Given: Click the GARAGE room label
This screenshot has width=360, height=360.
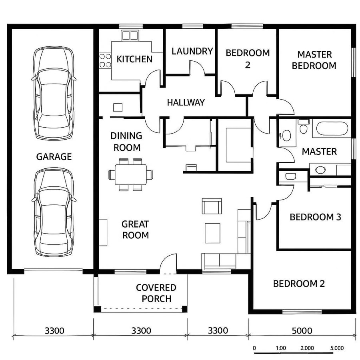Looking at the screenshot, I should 54,157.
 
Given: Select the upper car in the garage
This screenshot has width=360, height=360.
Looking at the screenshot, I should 54,93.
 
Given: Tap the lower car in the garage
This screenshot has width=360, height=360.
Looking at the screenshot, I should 54,212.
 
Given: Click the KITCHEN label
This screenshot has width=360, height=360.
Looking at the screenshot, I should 134,59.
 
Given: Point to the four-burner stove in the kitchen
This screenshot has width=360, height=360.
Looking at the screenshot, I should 105,60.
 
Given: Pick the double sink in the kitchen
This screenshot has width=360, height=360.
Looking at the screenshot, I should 130,36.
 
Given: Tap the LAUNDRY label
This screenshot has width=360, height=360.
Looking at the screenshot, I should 192,51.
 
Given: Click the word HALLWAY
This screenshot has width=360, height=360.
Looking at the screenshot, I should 186,102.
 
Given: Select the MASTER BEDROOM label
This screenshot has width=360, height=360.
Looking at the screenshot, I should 314,60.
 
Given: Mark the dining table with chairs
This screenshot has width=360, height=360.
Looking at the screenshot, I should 131,174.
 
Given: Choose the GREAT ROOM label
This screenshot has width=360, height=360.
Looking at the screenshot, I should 135,230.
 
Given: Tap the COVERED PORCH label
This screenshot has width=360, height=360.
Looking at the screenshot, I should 156,293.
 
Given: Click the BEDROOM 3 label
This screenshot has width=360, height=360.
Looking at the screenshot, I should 315,217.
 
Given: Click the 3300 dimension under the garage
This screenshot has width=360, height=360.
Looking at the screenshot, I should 54,331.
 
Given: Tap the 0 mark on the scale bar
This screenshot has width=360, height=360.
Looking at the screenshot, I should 254,348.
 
